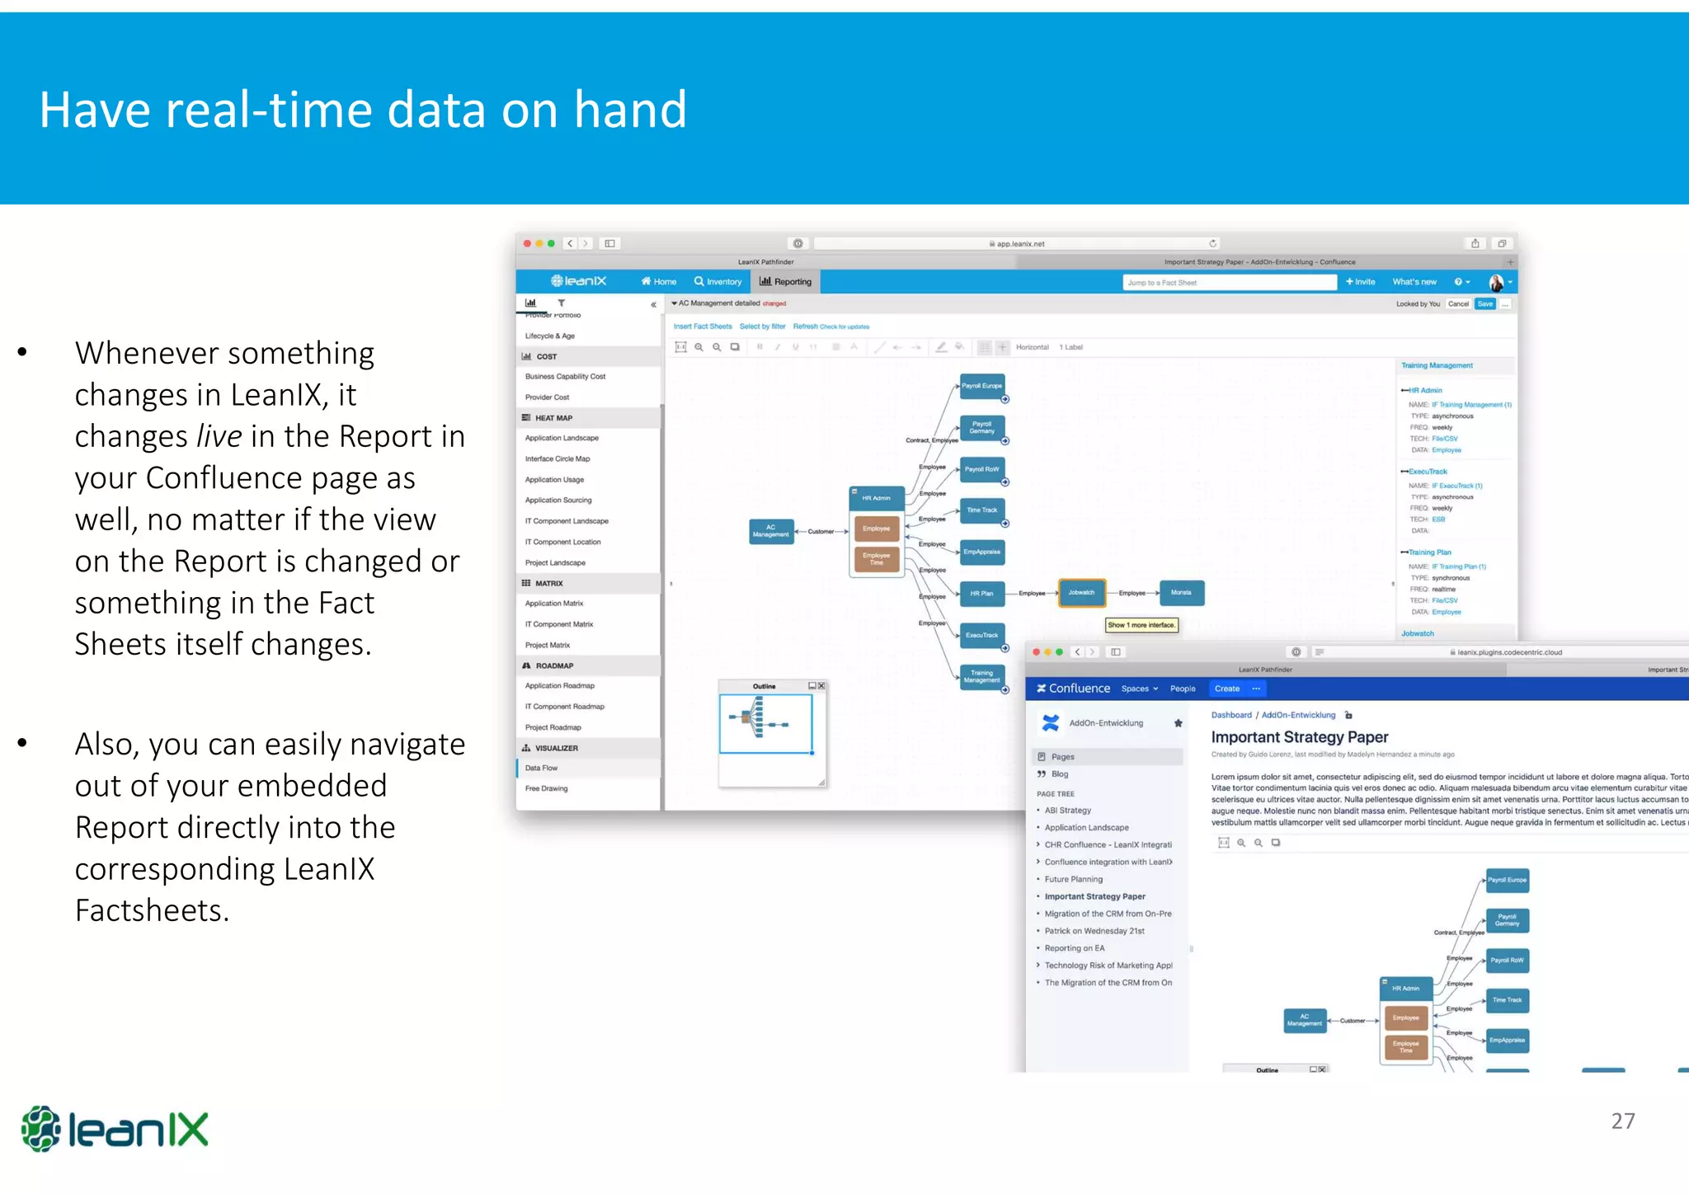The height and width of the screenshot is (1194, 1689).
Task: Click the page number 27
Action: click(1622, 1121)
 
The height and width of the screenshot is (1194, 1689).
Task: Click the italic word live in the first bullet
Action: click(219, 436)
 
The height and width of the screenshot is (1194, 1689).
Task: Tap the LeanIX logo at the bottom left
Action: click(115, 1129)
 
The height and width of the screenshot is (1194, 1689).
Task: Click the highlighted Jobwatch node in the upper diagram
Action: click(1081, 593)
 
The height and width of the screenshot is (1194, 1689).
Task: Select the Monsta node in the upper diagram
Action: click(1181, 593)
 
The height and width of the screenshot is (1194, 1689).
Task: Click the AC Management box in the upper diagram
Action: click(771, 531)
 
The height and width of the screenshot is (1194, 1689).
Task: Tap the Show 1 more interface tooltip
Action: click(1141, 625)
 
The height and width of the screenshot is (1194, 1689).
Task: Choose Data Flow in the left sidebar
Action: click(542, 769)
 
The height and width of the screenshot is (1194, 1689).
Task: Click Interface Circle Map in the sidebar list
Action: click(558, 459)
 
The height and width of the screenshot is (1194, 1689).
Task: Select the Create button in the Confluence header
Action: click(1226, 689)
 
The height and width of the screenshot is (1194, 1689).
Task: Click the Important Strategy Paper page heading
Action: click(1299, 737)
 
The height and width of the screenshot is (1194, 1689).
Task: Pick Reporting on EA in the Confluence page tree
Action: click(1074, 948)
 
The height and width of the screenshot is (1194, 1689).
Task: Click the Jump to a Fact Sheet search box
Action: click(1229, 283)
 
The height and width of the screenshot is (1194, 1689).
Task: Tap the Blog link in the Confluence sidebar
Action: click(1060, 774)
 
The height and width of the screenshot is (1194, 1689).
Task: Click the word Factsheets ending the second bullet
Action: click(152, 910)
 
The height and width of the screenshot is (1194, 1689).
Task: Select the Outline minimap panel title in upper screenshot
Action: click(764, 686)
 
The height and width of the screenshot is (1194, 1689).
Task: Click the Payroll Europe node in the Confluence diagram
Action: click(1507, 881)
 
